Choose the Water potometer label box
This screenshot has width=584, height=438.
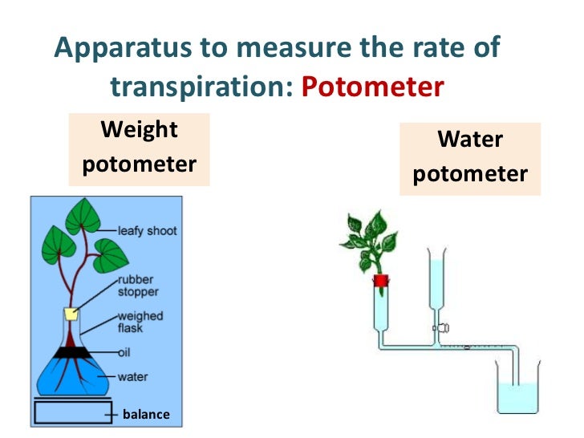[x=470, y=157]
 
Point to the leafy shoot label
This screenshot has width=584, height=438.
[x=148, y=230]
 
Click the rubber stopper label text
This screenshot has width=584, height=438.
[x=136, y=286]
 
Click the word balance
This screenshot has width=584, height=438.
[x=146, y=414]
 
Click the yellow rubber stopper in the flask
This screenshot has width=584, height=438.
[x=71, y=314]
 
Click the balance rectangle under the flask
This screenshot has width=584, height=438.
[x=72, y=412]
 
